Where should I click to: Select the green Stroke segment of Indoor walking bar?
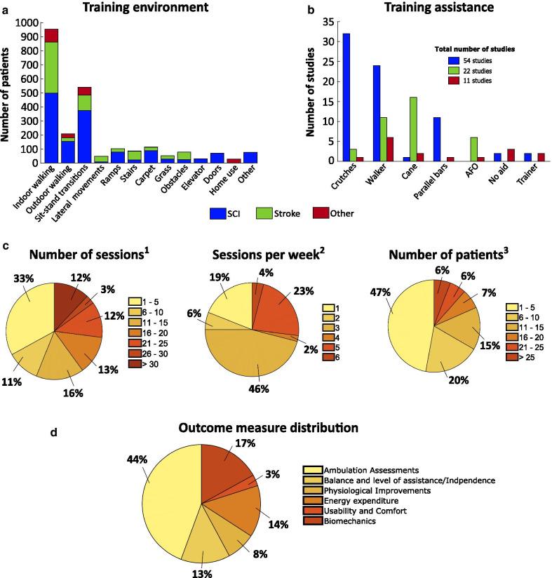point(51,67)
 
